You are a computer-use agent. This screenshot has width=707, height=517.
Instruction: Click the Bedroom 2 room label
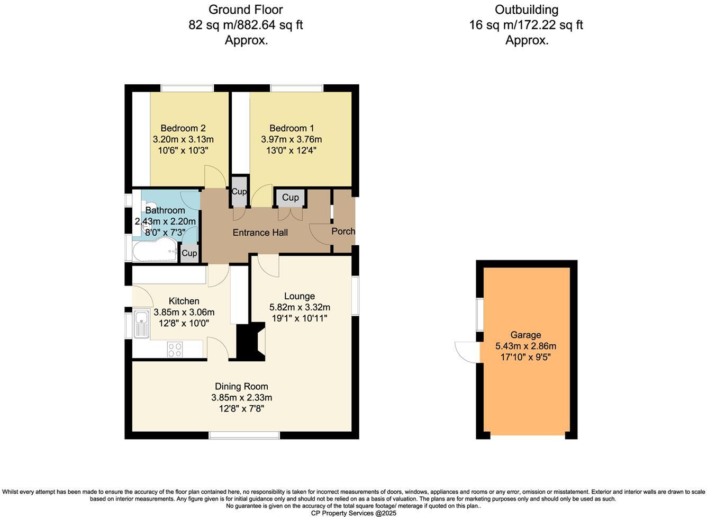click(183, 128)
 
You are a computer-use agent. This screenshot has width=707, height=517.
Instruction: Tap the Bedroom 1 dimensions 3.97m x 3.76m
click(291, 139)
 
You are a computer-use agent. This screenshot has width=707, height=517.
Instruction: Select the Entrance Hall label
click(260, 233)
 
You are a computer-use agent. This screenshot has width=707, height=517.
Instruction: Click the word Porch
click(343, 231)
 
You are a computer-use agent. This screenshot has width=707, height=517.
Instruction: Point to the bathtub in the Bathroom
click(155, 251)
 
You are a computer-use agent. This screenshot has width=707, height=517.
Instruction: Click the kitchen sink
click(141, 324)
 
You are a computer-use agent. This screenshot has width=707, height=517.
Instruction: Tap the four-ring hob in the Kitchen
click(175, 349)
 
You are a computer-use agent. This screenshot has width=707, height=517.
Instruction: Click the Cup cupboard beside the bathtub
click(189, 253)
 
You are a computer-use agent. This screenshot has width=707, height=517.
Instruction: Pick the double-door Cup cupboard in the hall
click(290, 198)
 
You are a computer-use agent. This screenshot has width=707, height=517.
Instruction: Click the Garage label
click(525, 335)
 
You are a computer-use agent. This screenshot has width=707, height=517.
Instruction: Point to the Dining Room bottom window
click(244, 435)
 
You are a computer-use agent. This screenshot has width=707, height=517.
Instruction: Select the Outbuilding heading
click(526, 10)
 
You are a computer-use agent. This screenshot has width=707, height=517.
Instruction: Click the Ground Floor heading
click(246, 10)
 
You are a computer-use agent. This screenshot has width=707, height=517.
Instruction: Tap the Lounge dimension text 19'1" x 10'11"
click(300, 318)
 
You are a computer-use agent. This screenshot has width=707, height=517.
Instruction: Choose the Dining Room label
click(241, 387)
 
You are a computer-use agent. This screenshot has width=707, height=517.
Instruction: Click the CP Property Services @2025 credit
click(353, 513)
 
